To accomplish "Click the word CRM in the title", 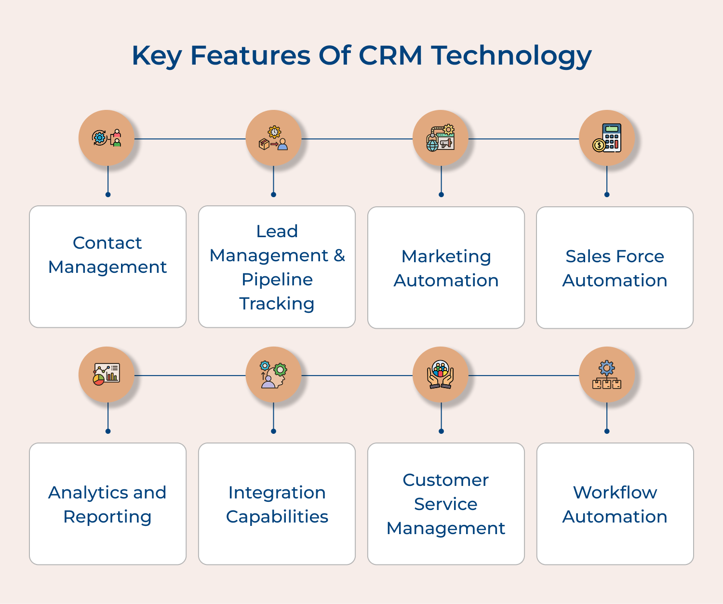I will [390, 55].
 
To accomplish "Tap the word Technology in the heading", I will [511, 56].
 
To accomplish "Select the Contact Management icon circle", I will [107, 138].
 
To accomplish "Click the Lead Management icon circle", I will [273, 138].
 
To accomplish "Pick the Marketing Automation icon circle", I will [441, 138].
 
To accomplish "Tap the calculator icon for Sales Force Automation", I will [607, 138].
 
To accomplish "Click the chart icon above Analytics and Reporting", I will [107, 375].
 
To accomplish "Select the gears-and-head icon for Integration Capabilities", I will [273, 375].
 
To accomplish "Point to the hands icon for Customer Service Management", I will [441, 375].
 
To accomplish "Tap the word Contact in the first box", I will [107, 243].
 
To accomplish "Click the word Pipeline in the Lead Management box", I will [277, 280].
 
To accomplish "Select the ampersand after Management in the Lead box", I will [339, 255].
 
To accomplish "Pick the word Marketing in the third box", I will [446, 256].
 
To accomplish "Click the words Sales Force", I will [615, 256].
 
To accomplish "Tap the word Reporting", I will [107, 517].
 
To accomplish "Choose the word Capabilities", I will [277, 517].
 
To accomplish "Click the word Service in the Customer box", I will [446, 504].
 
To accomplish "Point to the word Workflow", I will [615, 493].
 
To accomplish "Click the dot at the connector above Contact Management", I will [108, 195].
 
